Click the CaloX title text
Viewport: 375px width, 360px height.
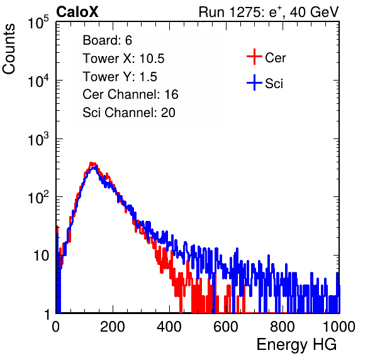77,12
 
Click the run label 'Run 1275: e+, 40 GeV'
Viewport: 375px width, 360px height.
269,12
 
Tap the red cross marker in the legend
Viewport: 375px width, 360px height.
254,57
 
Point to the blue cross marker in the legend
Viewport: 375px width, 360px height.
254,82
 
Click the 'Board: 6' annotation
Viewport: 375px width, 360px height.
107,40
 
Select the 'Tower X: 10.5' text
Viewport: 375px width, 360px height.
123,59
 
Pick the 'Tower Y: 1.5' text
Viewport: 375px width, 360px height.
120,77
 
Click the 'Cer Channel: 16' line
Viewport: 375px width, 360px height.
130,94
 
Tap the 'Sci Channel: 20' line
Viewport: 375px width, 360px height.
129,113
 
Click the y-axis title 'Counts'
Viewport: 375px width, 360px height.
9,49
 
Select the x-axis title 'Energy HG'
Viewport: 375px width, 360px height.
296,345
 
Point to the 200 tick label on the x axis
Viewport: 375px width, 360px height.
113,327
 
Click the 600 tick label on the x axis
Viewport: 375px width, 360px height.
226,327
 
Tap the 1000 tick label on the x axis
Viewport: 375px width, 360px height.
339,327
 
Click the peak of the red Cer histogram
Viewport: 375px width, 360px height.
91,163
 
